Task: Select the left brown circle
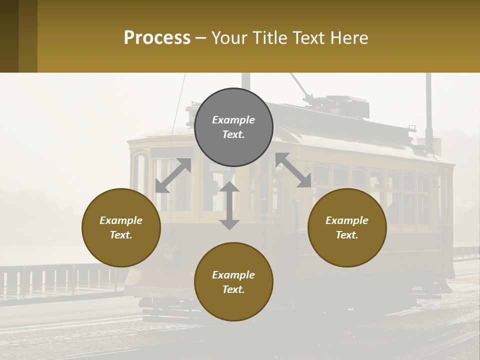point(121,227)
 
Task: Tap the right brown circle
point(347,227)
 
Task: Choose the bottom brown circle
point(233,282)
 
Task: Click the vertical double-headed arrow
point(229,205)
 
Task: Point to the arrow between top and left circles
point(173,175)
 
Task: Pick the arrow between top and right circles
point(293,170)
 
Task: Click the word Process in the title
point(157,37)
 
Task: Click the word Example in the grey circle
point(233,120)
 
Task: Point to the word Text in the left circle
point(121,235)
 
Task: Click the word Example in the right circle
point(347,220)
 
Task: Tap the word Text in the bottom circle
point(233,289)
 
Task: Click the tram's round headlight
point(169,252)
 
